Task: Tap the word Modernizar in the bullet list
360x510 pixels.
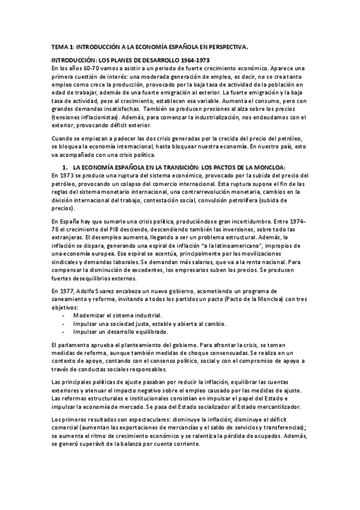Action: [89, 315]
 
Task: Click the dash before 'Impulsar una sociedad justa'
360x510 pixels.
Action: [63, 323]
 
